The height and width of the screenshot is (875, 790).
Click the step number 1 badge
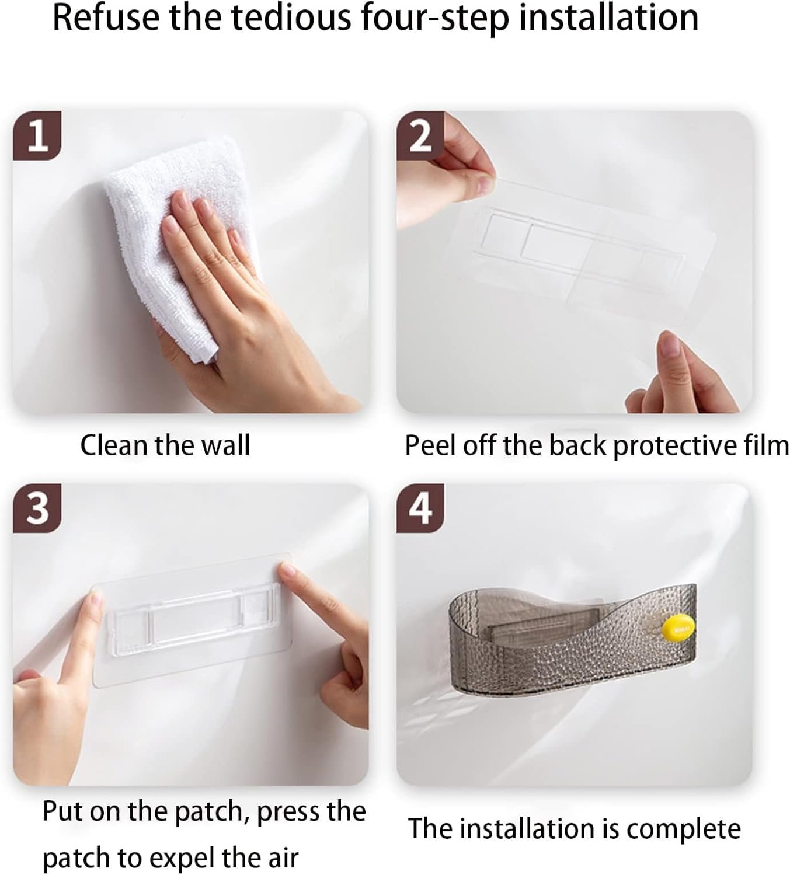tap(37, 135)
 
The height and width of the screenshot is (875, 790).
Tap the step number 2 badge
tap(420, 135)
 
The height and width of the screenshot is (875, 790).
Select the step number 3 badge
tap(37, 508)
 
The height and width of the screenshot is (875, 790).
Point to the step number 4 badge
tap(420, 508)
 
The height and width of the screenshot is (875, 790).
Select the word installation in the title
tap(609, 18)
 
